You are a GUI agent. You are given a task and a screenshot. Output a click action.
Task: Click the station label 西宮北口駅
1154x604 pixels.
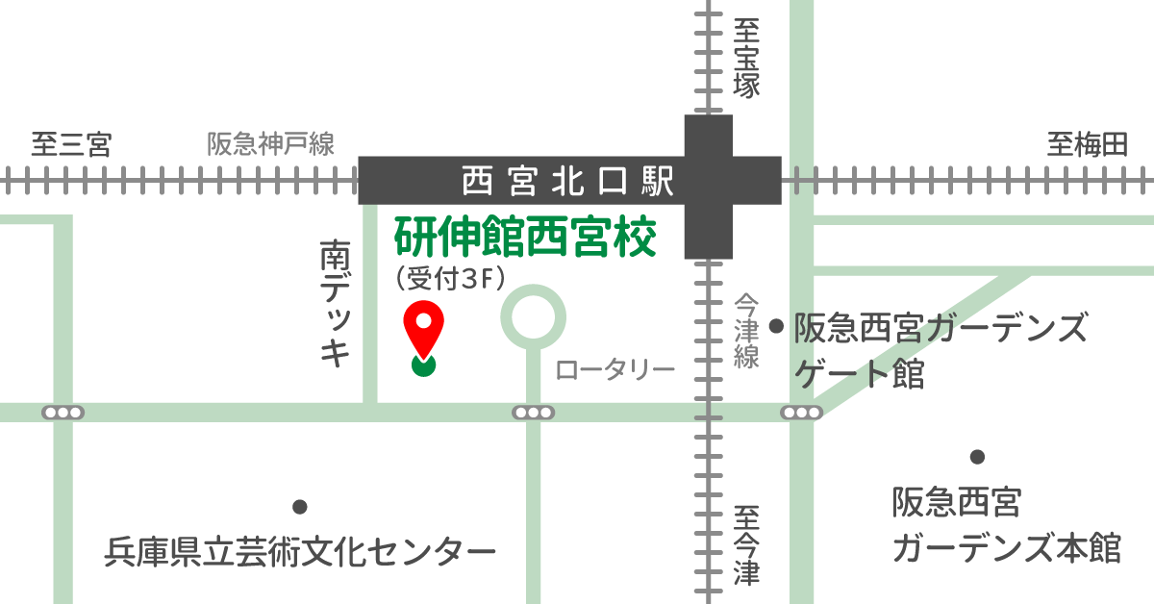click(565, 180)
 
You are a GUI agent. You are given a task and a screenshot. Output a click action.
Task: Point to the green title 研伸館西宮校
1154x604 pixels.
click(525, 238)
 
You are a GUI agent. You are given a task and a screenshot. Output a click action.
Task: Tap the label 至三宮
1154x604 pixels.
click(71, 145)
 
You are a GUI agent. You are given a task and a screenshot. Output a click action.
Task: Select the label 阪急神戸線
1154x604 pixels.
click(271, 145)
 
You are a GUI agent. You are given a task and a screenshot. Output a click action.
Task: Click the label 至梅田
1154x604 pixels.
click(1087, 145)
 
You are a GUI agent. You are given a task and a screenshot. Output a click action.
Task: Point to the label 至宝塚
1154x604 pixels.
click(746, 57)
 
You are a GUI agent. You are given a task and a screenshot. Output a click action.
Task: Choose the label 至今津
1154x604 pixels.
click(746, 546)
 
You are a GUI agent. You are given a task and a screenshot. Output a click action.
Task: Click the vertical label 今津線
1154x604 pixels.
click(746, 331)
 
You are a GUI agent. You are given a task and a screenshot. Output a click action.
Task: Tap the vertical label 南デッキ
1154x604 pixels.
click(334, 304)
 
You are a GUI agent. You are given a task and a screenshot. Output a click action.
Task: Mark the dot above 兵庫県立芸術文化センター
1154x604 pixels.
click(299, 507)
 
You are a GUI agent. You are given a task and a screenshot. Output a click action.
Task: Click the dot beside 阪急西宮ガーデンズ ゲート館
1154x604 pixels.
click(777, 327)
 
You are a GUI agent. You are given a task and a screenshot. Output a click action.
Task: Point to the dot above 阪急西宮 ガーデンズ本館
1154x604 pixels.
click(977, 457)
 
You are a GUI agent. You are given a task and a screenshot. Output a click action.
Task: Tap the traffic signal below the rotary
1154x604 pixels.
click(533, 413)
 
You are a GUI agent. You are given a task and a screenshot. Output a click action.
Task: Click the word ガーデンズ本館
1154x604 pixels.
click(1006, 548)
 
